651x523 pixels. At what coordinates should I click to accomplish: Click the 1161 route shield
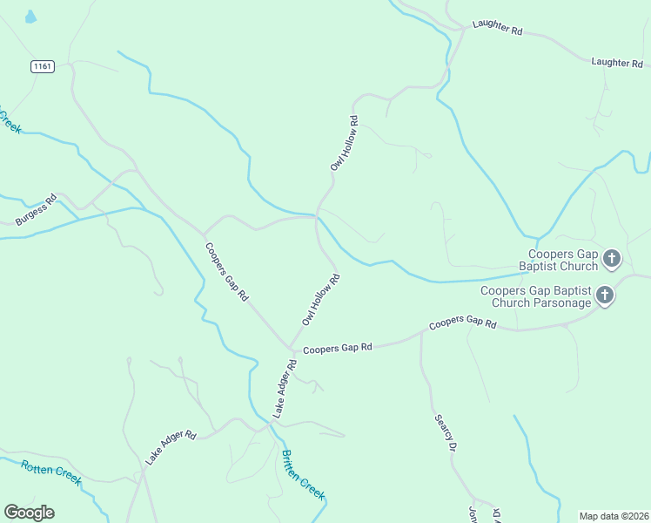coord(41,66)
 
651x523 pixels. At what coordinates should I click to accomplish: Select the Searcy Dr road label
coord(446,432)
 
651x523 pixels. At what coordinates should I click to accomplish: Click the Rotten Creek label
coord(51,472)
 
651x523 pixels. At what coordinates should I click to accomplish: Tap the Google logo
coord(29,513)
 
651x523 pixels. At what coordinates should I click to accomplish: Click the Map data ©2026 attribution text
coord(614,515)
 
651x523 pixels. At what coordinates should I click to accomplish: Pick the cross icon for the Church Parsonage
coord(605,296)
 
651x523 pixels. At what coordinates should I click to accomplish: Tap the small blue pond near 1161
coord(30,17)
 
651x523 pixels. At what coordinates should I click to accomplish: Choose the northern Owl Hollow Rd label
coord(344,143)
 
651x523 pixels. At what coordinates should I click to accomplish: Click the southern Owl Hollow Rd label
coord(320,300)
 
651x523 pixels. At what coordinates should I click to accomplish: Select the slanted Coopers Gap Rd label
coord(227,271)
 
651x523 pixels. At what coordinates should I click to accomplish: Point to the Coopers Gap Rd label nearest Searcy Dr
coord(462,323)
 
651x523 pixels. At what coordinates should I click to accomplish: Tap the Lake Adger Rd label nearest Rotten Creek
coord(171,446)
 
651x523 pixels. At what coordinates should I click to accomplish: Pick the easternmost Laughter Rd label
coord(616,62)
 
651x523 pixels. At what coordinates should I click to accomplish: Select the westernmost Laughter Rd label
coord(497,28)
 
